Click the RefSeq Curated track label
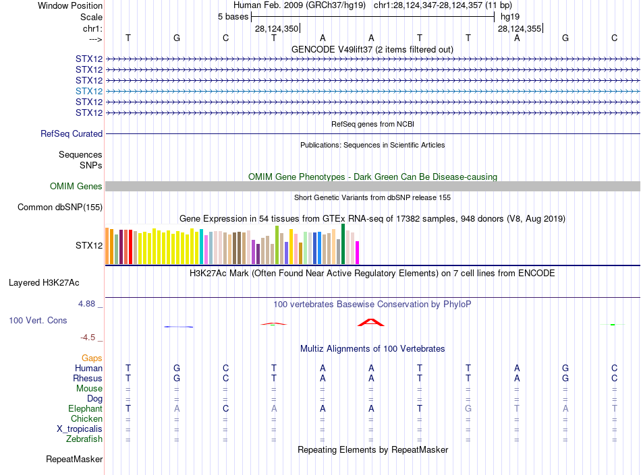click(72, 134)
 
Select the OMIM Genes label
click(76, 186)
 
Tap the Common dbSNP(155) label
click(59, 207)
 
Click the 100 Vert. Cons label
click(38, 320)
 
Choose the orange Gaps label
click(92, 358)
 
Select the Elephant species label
click(85, 408)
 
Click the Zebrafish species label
click(84, 439)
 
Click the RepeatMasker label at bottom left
click(74, 460)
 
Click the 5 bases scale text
click(232, 16)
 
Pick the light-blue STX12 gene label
click(89, 91)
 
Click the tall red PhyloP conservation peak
click(370, 322)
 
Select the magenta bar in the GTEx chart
click(357, 252)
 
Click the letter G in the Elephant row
click(468, 409)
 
